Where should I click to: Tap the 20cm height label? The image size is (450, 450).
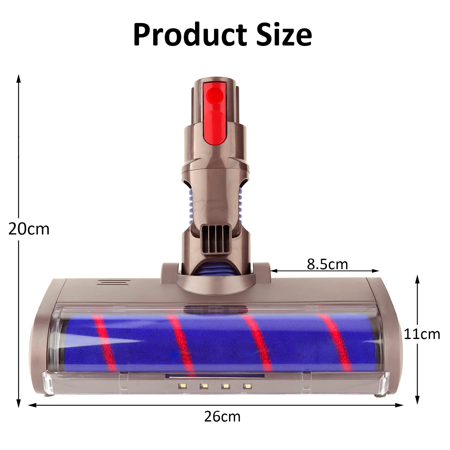(x=29, y=229)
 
